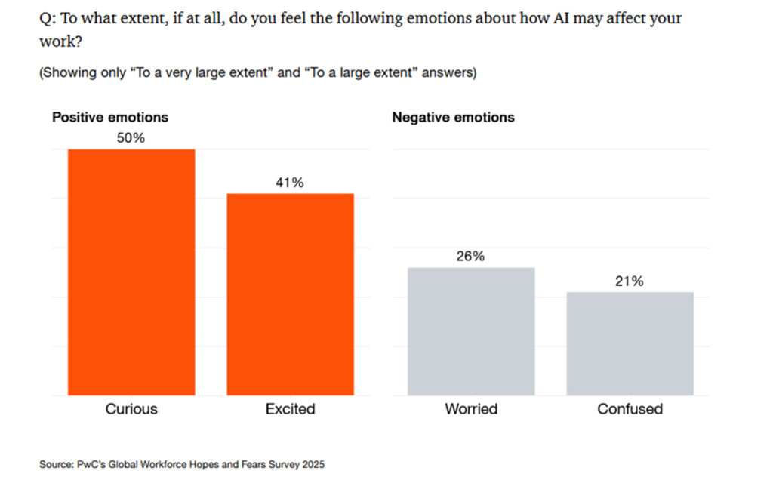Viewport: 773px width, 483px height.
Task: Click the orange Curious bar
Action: [x=131, y=272]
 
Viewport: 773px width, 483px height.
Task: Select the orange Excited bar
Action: [x=290, y=294]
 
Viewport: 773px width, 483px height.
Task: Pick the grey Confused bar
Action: [x=630, y=343]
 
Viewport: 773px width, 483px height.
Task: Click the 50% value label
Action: [x=131, y=138]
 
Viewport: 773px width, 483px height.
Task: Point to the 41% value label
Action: [x=290, y=183]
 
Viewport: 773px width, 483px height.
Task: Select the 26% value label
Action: [x=470, y=256]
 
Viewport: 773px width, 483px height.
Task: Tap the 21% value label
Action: [x=630, y=281]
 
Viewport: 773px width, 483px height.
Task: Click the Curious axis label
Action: [x=131, y=409]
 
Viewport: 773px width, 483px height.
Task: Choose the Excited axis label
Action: [x=290, y=409]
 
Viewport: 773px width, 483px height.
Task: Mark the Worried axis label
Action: [x=471, y=409]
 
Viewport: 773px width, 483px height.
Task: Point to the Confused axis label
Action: [x=630, y=409]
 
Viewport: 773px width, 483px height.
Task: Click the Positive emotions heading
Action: [x=109, y=117]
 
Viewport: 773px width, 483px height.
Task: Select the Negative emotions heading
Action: [x=453, y=117]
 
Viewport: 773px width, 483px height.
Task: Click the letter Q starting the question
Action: [x=45, y=18]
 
